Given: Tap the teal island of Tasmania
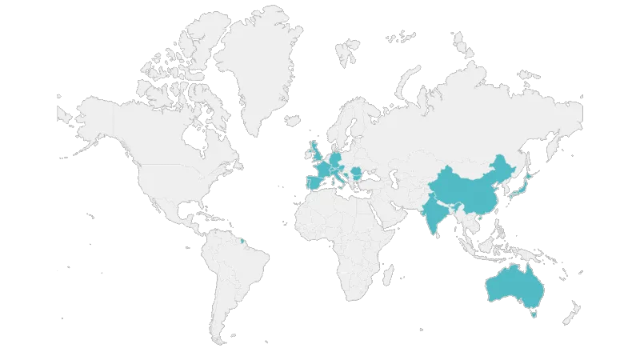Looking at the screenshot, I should point(534,315).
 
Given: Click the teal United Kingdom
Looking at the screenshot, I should point(314,151).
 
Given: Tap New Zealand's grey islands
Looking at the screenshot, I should point(574,311).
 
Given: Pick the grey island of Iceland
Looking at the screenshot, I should point(291,121).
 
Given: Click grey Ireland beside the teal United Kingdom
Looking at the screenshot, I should point(304,152).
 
